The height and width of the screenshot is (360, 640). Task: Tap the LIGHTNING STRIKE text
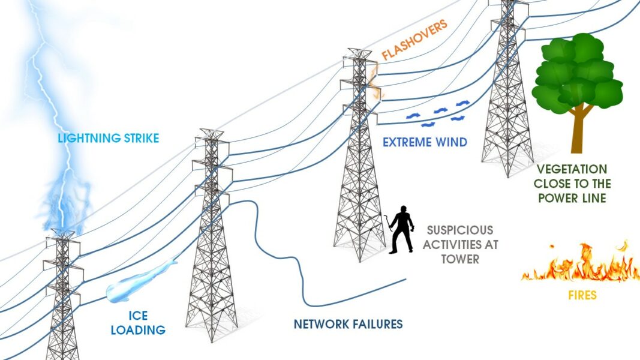click(x=108, y=139)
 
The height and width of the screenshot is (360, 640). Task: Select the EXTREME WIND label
click(x=424, y=143)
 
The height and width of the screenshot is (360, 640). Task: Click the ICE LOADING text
click(x=137, y=323)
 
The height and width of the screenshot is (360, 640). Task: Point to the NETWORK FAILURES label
click(x=348, y=325)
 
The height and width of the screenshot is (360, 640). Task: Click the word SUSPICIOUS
click(x=460, y=230)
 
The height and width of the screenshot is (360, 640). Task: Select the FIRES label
click(x=582, y=295)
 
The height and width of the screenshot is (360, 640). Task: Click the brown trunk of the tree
click(x=578, y=129)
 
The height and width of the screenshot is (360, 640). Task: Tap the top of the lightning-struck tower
click(x=62, y=233)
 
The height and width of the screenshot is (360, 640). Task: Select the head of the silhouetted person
click(x=404, y=210)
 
